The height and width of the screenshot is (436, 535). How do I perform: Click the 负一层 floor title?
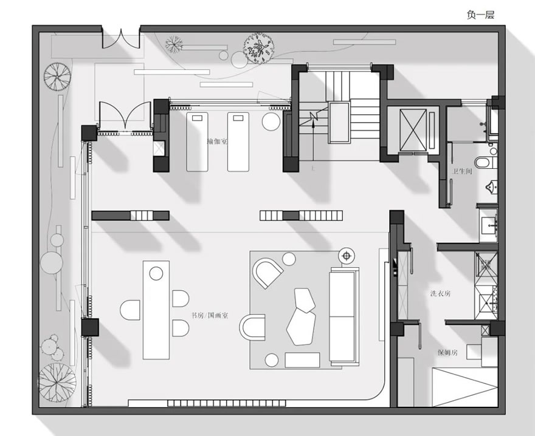[480, 15]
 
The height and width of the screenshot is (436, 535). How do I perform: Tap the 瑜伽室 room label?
[217, 141]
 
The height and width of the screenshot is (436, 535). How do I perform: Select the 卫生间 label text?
[462, 171]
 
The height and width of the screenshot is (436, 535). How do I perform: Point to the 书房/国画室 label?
[210, 315]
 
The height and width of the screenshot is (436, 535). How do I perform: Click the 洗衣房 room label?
[441, 293]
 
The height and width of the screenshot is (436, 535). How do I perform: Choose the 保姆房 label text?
[447, 353]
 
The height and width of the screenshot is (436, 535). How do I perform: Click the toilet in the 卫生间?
[486, 162]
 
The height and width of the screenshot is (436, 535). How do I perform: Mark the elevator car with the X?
[413, 129]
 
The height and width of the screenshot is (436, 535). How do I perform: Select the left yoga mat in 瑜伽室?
[197, 141]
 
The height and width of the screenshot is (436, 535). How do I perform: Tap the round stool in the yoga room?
[271, 121]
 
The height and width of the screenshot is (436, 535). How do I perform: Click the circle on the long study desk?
[156, 273]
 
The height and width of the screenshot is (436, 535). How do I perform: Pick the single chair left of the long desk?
[130, 310]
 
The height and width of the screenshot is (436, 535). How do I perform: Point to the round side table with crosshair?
[347, 256]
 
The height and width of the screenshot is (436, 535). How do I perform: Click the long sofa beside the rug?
[344, 316]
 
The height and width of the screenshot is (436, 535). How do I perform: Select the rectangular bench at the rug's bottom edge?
[302, 360]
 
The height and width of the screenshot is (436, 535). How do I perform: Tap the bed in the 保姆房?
[464, 387]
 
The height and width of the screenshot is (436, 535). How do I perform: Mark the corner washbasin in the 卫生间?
[492, 188]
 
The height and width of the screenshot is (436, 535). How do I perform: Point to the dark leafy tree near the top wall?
[258, 48]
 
